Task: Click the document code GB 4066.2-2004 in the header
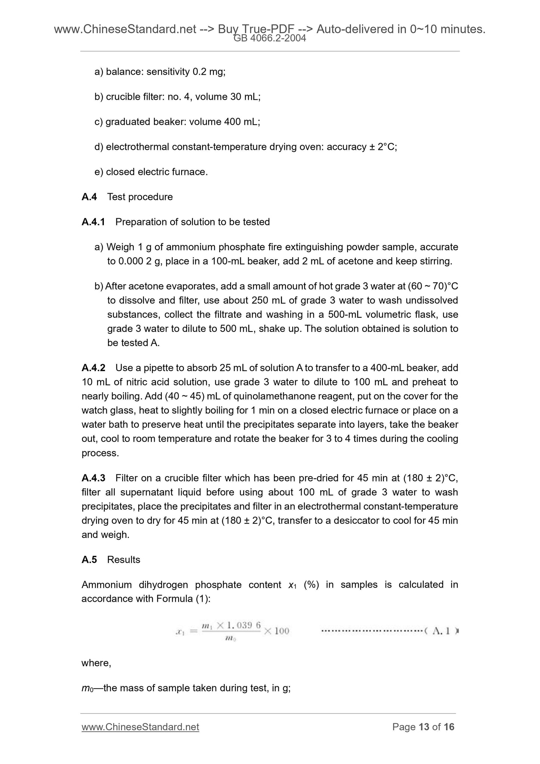(x=270, y=38)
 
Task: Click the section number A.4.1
(x=93, y=222)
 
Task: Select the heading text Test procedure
(x=140, y=197)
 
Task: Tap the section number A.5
(x=89, y=560)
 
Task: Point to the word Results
(x=123, y=560)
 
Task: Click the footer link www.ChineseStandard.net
(x=140, y=727)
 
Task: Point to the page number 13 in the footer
(x=424, y=727)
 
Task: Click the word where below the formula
(x=96, y=663)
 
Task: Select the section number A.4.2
(x=93, y=368)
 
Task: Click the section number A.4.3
(x=93, y=478)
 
